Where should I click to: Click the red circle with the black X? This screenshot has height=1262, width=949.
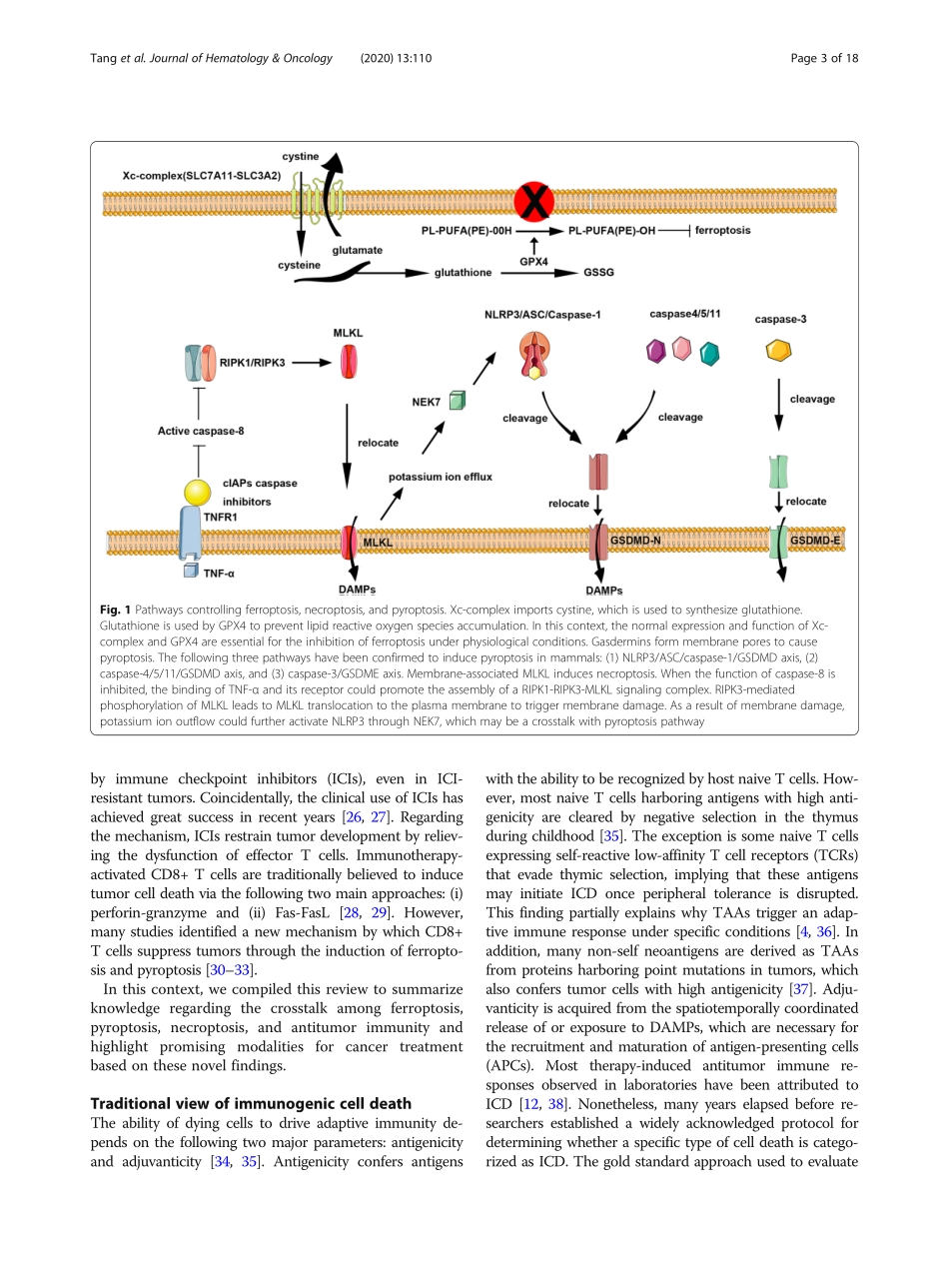534,203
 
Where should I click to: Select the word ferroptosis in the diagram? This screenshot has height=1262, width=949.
722,230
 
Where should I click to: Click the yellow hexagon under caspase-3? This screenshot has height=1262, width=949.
778,351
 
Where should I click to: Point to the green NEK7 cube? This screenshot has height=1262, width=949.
459,401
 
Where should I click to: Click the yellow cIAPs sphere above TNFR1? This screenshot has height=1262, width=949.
198,492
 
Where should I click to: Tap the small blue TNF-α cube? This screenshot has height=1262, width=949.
189,571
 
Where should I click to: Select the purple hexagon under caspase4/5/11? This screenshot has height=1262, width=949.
656,351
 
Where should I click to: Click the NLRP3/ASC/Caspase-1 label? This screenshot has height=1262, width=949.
541,315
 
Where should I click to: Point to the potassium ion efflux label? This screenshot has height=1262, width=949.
441,477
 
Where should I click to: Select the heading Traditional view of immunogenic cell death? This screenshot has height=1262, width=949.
251,1103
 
